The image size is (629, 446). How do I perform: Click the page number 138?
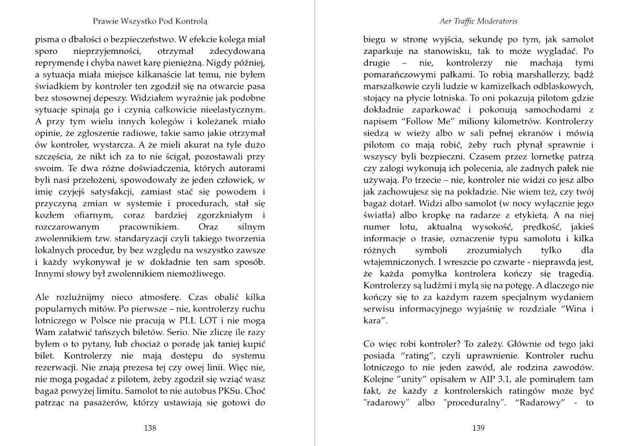tap(150, 428)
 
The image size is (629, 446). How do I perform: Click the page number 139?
tap(478, 428)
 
